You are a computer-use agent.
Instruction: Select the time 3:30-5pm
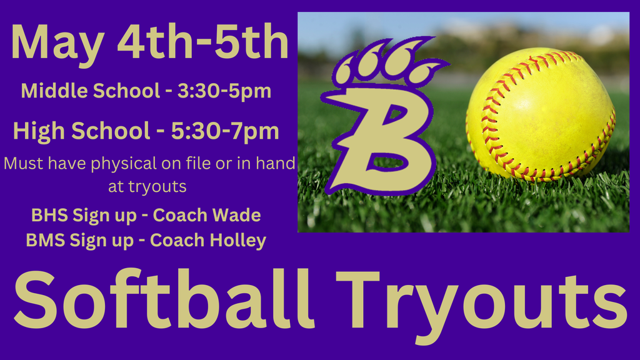(224, 91)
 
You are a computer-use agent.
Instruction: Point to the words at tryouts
(147, 186)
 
